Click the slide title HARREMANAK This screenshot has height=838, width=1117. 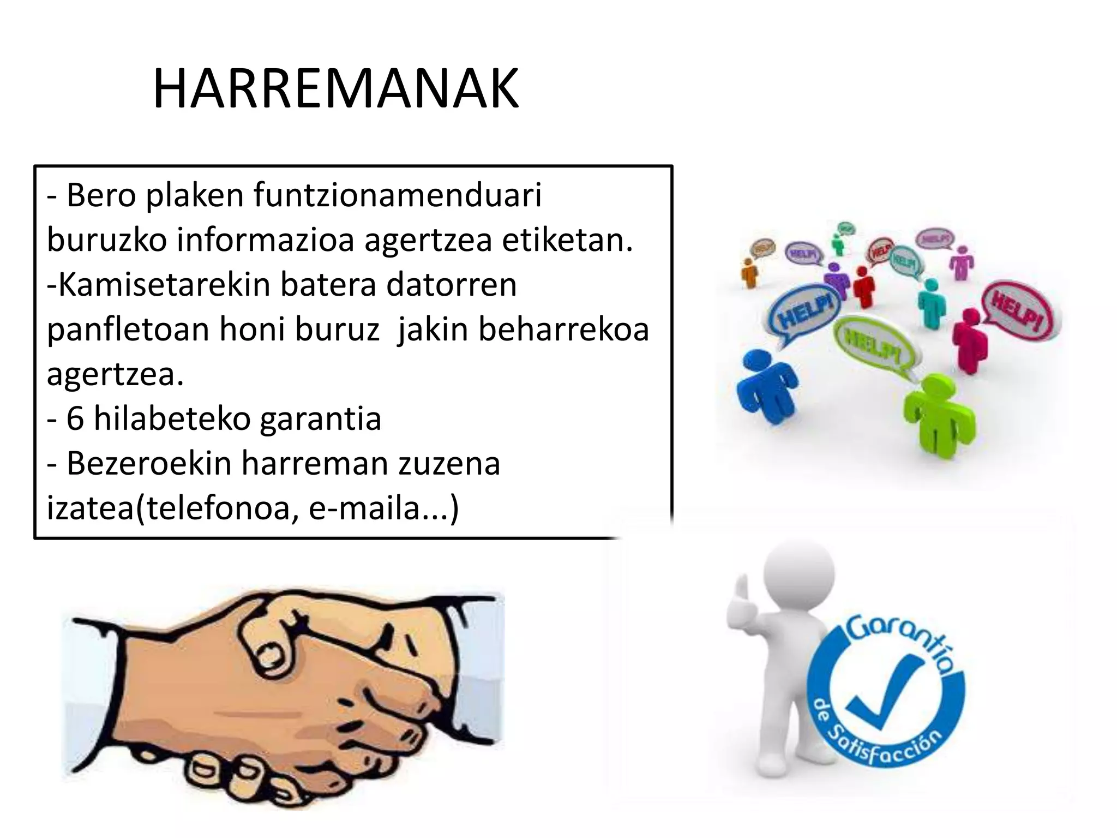pos(336,89)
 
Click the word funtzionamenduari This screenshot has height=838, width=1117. pos(398,195)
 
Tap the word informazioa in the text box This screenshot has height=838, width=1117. pos(266,240)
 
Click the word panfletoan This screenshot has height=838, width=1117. pos(128,330)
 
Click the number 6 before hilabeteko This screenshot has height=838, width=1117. pos(75,419)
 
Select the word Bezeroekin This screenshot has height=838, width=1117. pos(149,464)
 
